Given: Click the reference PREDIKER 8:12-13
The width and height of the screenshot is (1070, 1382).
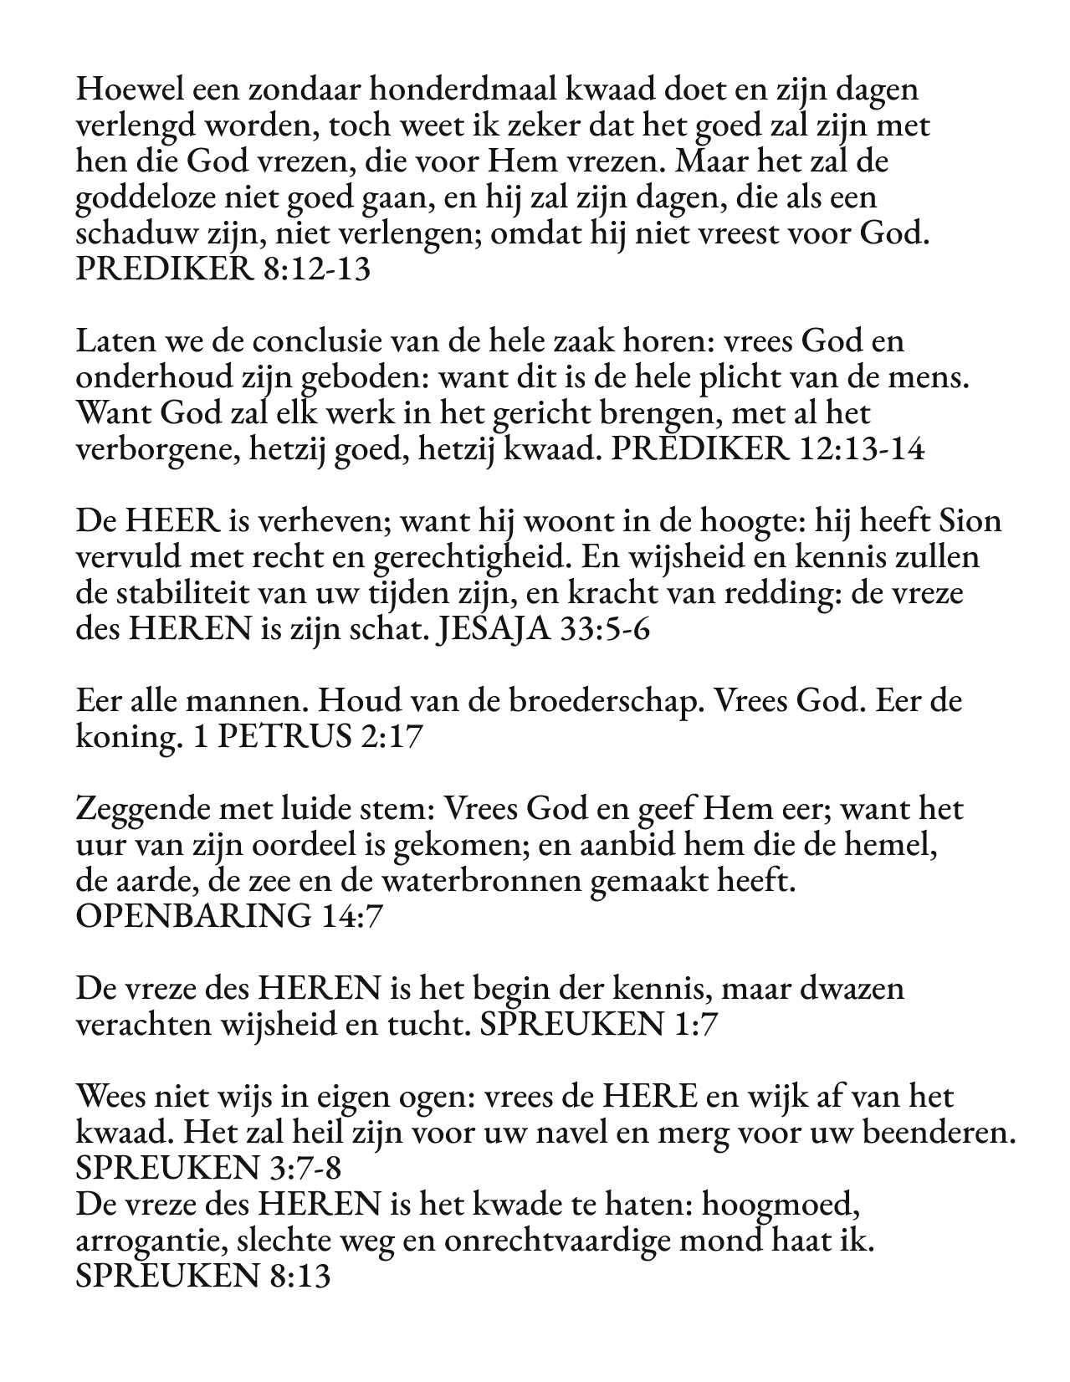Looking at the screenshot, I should click(x=223, y=269).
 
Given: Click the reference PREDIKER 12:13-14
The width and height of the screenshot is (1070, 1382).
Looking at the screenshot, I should click(x=768, y=450).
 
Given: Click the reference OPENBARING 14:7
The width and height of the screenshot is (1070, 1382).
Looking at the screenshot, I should click(x=228, y=918).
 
